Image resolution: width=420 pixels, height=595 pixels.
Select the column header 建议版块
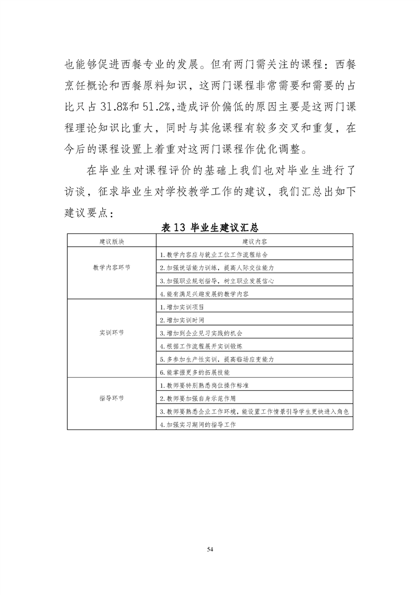(112, 241)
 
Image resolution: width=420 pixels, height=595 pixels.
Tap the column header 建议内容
(254, 241)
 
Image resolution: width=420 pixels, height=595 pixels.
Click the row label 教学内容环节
(112, 267)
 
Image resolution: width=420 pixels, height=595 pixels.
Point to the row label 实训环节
(112, 333)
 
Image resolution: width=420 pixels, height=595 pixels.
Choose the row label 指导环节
(112, 398)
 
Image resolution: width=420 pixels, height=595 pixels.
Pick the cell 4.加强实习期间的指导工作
(198, 424)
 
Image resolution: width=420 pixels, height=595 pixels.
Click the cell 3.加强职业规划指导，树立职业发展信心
(217, 281)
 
